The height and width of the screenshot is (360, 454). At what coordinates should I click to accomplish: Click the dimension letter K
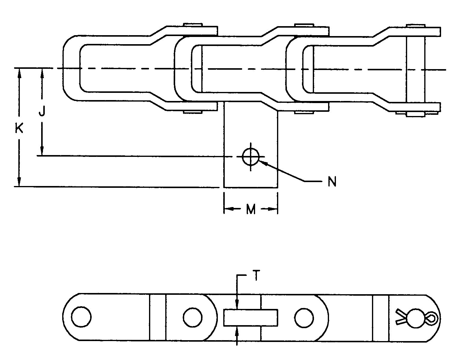(19, 129)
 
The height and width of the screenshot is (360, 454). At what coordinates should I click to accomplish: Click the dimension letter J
(42, 112)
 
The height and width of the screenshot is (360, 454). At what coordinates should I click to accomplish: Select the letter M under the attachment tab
(251, 209)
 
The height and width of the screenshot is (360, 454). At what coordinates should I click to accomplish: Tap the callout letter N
(332, 182)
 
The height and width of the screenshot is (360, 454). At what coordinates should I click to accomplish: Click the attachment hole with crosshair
(251, 157)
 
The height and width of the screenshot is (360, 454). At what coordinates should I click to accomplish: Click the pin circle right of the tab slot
(304, 318)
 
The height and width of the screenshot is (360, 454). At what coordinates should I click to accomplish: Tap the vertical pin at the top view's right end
(416, 70)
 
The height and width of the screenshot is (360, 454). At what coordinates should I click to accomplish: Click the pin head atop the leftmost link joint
(193, 24)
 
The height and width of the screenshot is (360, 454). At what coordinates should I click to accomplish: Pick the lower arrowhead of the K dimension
(19, 182)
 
